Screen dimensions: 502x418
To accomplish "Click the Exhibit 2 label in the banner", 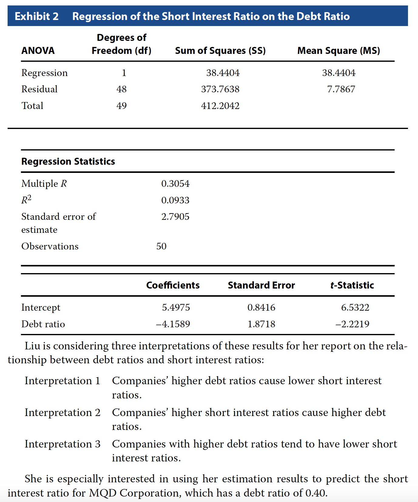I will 37,16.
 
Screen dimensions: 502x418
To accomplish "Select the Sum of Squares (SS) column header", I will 220,51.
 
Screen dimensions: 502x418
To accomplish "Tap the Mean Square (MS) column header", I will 339,51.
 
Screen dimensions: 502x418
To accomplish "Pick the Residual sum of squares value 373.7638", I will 220,89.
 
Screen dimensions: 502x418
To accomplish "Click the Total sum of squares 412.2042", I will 220,106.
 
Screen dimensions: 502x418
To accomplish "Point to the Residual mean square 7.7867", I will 341,89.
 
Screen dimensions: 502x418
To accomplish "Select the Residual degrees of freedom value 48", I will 121,89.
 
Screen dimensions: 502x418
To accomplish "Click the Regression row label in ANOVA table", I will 45,73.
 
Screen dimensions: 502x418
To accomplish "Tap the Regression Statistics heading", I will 68,161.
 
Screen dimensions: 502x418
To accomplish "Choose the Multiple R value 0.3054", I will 175,183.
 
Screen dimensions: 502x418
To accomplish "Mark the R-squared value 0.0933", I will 175,200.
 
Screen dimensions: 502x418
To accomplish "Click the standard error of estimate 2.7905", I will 175,216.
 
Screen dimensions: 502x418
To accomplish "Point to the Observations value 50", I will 161,246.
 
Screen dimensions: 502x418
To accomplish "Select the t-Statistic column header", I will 352,285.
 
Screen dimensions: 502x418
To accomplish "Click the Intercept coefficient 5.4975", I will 176,307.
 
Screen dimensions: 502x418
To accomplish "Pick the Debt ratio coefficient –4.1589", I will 173,324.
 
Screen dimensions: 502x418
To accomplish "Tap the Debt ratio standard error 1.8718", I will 261,324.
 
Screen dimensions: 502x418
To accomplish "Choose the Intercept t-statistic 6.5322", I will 355,307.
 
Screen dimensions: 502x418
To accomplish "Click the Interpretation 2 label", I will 62,412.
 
